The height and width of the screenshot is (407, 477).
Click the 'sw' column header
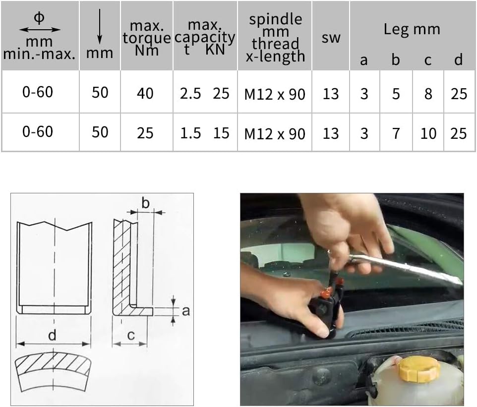tap(331, 37)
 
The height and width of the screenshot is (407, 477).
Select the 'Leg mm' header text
tap(412, 29)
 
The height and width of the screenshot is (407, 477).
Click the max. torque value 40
tap(145, 93)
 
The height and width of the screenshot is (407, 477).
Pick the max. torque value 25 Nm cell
tap(145, 133)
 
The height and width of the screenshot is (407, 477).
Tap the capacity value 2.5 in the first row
tap(190, 93)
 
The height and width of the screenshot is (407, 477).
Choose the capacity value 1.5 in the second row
tap(190, 133)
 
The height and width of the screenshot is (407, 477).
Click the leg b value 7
tap(396, 133)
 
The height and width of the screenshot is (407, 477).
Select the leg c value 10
tap(428, 133)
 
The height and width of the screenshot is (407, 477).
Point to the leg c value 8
tap(428, 93)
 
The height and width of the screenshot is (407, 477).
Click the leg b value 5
tap(396, 93)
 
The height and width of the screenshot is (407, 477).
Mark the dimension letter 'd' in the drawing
tap(52, 336)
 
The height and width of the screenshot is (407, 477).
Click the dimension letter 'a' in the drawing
tap(186, 311)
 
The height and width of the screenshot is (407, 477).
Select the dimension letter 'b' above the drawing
tap(145, 203)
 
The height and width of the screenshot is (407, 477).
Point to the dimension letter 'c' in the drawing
tap(130, 336)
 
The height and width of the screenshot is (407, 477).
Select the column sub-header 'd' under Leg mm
tap(458, 60)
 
